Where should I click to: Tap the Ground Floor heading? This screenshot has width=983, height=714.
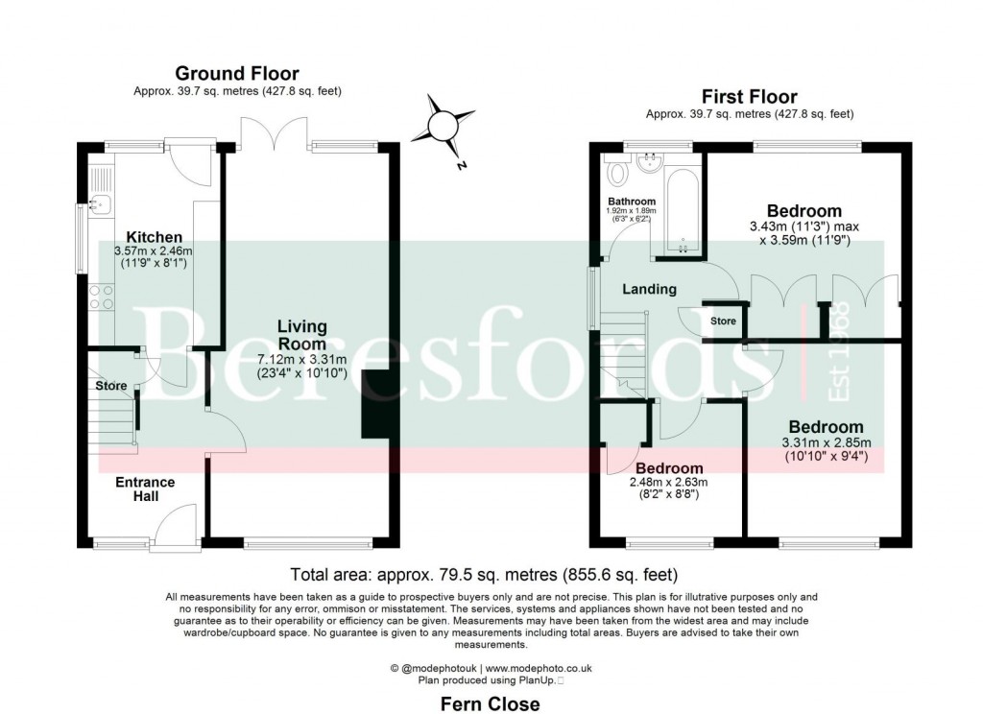pos(236,74)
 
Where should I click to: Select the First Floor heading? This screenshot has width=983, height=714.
pos(749,96)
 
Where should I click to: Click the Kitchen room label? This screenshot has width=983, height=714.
pos(155,237)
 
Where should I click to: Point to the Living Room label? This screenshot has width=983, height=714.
pos(301,335)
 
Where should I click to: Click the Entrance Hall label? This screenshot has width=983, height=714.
pos(145,488)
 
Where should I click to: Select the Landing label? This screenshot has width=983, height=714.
pos(649,289)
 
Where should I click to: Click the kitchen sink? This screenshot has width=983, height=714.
pos(100,203)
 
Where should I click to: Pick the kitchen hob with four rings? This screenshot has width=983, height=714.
pos(102,297)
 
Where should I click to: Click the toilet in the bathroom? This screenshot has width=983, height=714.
pos(618,173)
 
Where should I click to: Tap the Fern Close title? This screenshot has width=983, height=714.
pos(490,703)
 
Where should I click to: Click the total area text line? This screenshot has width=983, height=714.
pos(484,575)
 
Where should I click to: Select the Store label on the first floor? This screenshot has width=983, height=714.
pos(723,321)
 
